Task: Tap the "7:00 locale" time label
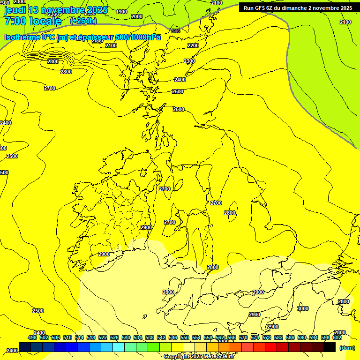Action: pos(33,21)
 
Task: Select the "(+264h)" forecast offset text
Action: pos(83,21)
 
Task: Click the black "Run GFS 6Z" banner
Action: pos(298,8)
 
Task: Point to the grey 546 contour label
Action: pos(176,31)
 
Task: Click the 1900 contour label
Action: pos(121,12)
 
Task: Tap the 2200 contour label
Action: pos(193,45)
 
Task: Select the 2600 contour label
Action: pos(179,109)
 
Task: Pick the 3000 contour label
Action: pos(303,308)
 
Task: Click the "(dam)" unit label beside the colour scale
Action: pos(347,348)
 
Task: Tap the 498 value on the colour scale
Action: pos(32,337)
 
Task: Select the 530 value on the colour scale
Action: pos(126,337)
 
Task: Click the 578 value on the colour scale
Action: pos(267,337)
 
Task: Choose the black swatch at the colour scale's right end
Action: pos(330,347)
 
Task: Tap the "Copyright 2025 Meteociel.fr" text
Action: pos(198,357)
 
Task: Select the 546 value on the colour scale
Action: pos(173,337)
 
